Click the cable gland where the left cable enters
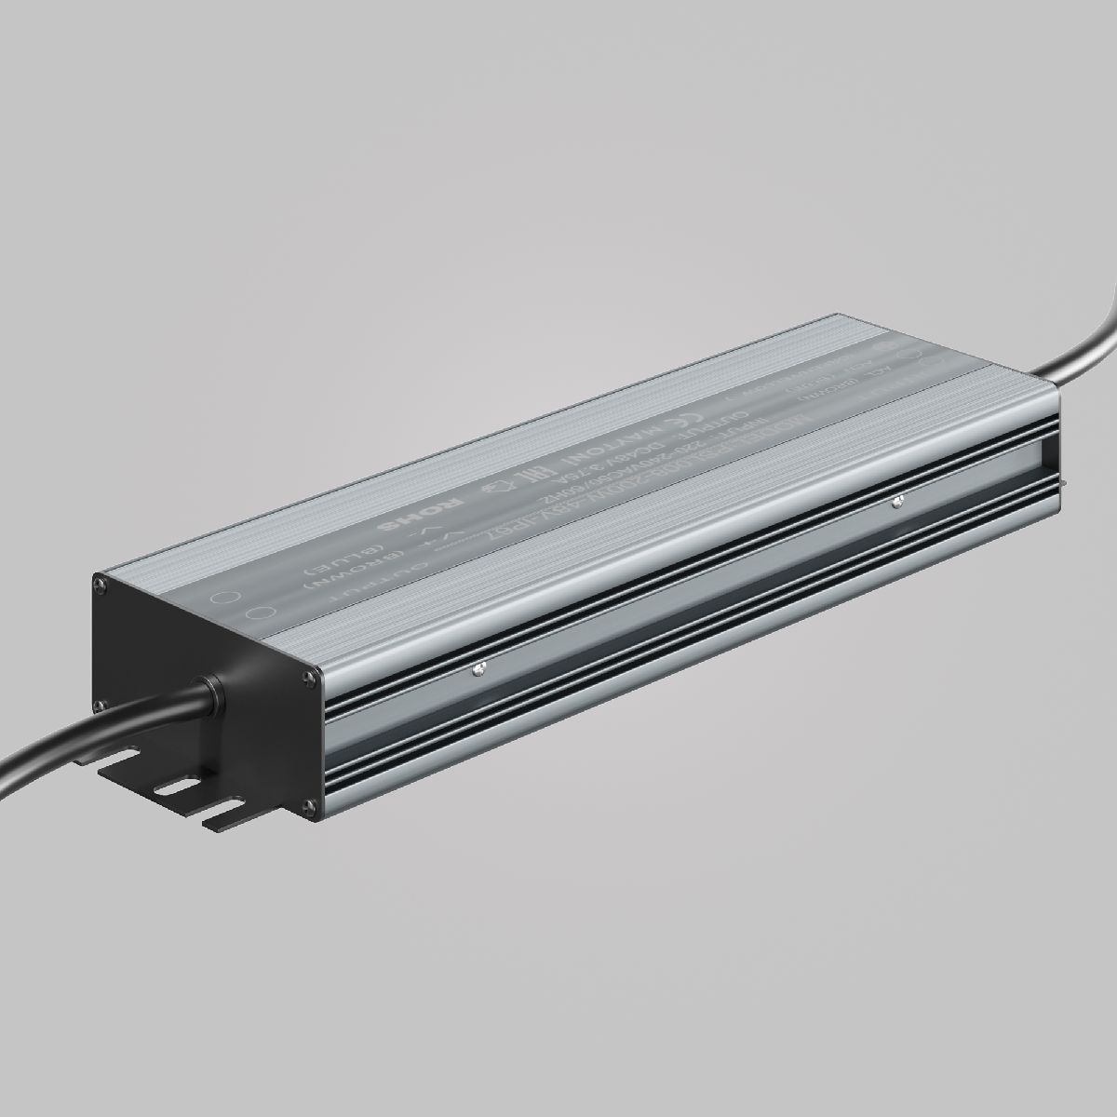tap(210, 693)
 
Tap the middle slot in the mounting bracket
tap(172, 787)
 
